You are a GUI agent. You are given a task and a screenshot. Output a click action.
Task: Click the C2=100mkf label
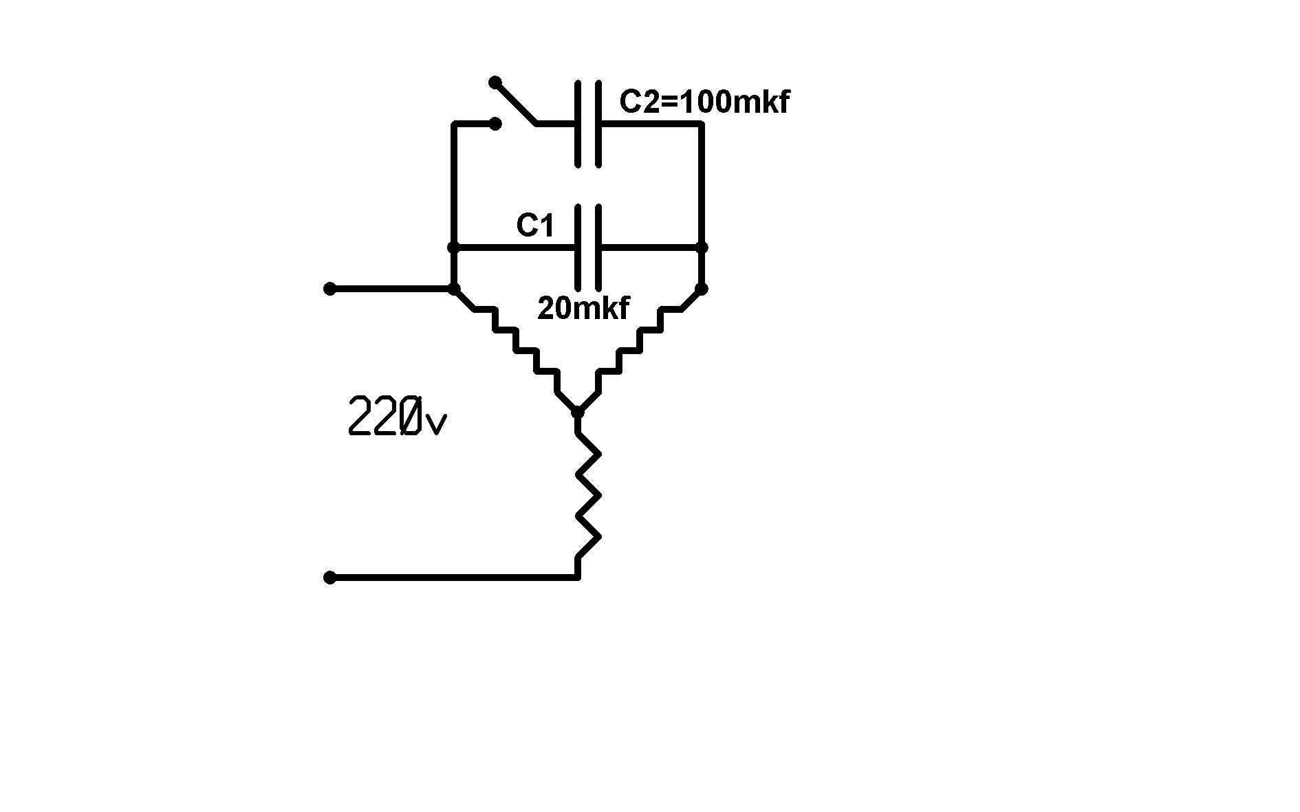click(x=704, y=102)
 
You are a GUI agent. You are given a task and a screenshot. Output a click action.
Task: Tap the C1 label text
click(x=535, y=226)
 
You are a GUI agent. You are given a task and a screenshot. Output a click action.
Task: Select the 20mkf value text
click(x=583, y=309)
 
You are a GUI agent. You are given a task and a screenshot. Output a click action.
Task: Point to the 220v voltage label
click(x=398, y=417)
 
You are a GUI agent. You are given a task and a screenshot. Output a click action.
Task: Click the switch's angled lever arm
click(x=514, y=103)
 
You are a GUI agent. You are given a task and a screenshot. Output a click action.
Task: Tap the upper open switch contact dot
click(x=495, y=83)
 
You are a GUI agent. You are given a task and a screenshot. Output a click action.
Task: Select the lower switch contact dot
click(x=495, y=124)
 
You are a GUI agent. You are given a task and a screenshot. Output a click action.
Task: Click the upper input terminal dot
click(x=330, y=289)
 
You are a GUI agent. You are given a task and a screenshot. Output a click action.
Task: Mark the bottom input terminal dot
click(x=330, y=578)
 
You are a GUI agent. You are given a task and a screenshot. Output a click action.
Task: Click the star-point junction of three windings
click(x=578, y=413)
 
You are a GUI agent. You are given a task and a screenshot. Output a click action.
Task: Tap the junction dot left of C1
click(x=453, y=248)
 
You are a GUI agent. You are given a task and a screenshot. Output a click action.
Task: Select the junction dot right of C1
click(x=702, y=248)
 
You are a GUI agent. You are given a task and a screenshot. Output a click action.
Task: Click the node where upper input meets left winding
click(x=454, y=289)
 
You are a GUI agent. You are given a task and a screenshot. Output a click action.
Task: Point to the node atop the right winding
click(x=702, y=289)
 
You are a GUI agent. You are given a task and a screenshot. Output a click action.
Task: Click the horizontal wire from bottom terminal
click(x=454, y=578)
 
